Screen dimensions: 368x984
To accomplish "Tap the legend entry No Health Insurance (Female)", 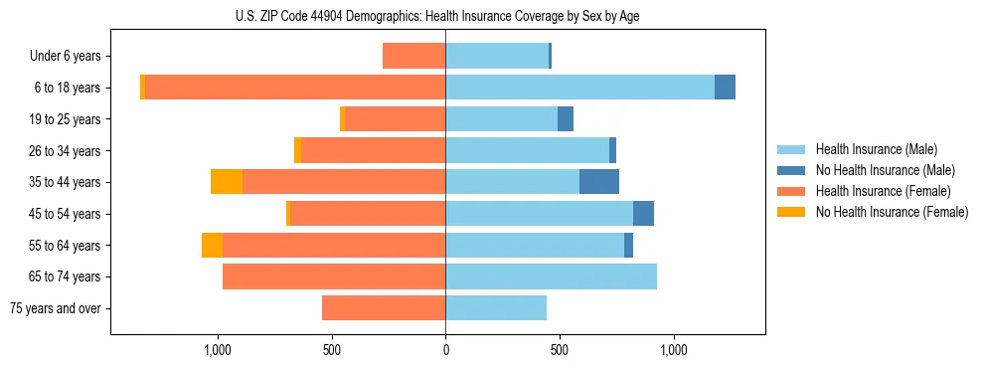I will (x=892, y=212).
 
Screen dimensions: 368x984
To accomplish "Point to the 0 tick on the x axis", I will (x=445, y=350).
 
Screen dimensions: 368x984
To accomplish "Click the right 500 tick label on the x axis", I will (x=560, y=350).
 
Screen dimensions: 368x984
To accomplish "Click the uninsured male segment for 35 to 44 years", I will (x=599, y=182).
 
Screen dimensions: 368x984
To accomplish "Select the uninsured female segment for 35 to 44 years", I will (x=227, y=182).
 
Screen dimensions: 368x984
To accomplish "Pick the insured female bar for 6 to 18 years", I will (x=295, y=88).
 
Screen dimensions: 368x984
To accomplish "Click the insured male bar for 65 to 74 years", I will (x=551, y=276).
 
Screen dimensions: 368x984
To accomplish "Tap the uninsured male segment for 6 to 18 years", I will (x=725, y=88).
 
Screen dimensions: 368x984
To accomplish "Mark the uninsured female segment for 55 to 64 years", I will (x=212, y=245).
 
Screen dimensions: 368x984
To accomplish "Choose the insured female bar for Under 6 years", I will (x=413, y=56).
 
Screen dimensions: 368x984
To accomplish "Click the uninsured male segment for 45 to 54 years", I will (x=643, y=214).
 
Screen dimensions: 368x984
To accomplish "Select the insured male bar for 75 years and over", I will (x=496, y=308).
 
